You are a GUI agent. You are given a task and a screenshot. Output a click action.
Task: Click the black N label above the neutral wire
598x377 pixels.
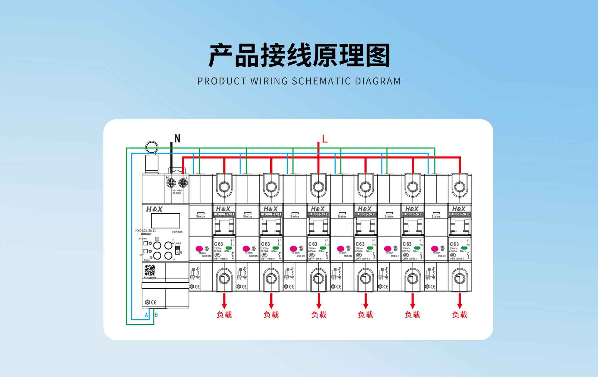(x=177, y=138)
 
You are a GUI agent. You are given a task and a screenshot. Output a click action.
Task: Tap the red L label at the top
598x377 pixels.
(x=325, y=139)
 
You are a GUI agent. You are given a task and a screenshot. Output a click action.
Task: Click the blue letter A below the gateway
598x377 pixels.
(x=146, y=315)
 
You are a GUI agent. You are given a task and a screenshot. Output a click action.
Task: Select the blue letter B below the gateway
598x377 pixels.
(x=156, y=315)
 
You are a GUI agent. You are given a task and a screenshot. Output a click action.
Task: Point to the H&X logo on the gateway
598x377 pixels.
(x=154, y=209)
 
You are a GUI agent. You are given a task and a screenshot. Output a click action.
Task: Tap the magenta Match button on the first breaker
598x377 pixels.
(x=199, y=249)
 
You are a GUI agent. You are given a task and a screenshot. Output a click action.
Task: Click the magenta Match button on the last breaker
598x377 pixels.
(x=435, y=249)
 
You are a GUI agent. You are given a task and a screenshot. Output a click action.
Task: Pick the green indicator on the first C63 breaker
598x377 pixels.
(x=229, y=248)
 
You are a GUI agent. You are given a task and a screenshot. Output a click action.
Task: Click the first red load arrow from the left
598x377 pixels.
(x=224, y=301)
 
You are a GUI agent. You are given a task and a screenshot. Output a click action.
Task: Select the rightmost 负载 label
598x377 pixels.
(x=460, y=315)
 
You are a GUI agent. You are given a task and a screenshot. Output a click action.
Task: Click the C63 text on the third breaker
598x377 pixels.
(x=313, y=244)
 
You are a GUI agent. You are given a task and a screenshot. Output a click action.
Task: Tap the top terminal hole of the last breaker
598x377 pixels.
(x=459, y=187)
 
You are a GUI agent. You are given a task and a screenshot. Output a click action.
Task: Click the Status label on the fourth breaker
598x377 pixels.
(x=342, y=216)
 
